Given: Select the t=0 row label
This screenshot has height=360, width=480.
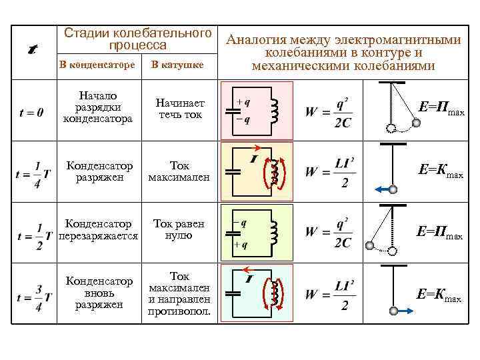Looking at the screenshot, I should point(32,112).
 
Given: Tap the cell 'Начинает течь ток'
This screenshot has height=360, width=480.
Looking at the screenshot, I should point(181,109).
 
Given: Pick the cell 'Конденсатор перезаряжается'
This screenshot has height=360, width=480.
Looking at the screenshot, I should point(99,230).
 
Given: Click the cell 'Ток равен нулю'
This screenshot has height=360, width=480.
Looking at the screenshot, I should point(179,230).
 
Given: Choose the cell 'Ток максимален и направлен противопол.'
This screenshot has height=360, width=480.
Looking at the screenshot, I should point(180,293).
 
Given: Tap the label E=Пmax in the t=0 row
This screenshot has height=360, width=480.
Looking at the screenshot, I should point(440,108).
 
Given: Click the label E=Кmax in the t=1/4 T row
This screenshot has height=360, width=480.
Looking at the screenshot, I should point(440,171).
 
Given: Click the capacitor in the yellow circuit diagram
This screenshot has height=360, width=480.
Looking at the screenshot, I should point(232,171).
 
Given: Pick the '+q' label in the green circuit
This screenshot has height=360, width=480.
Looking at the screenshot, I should point(241,245).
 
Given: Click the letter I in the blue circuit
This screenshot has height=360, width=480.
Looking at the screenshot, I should point(248,279).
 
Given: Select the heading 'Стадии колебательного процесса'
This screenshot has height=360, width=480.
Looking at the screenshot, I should point(138,39).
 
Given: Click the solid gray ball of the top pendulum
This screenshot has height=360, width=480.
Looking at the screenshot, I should point(417,123).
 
